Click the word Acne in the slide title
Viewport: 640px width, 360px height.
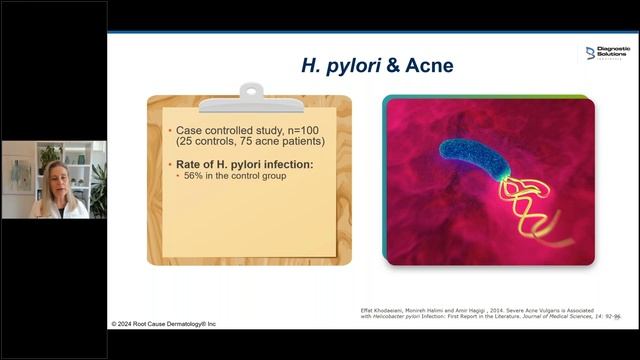(x=425, y=66)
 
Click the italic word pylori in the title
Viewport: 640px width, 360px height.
(x=348, y=67)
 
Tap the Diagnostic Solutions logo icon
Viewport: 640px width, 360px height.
(x=590, y=53)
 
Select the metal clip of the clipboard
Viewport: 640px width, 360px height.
(x=250, y=92)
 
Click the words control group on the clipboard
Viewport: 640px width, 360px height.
(x=262, y=176)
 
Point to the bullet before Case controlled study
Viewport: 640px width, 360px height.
(x=170, y=130)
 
